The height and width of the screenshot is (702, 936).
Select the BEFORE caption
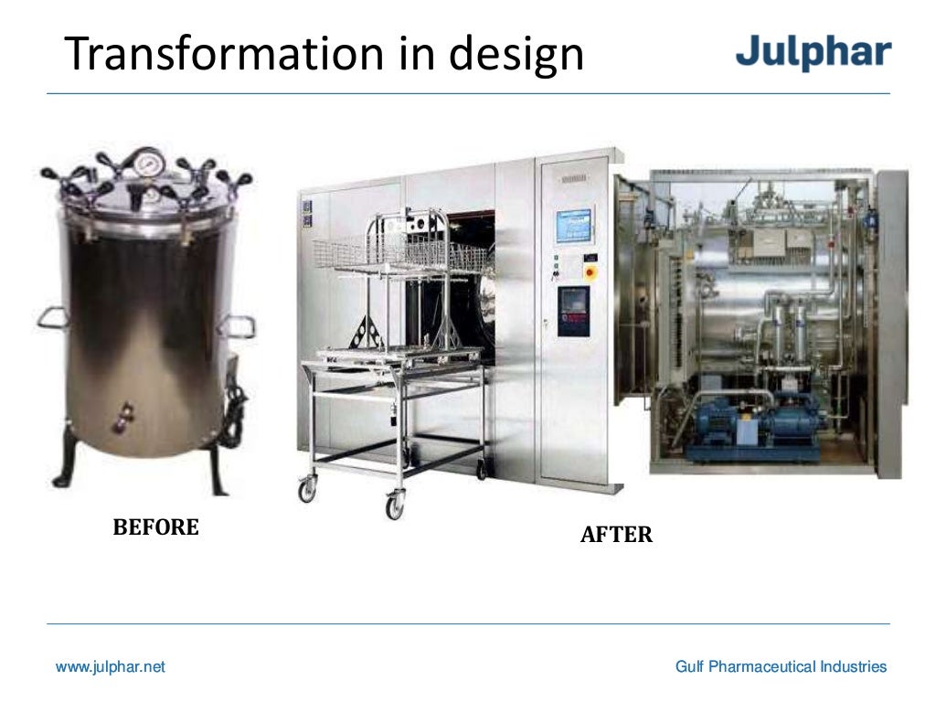(155, 527)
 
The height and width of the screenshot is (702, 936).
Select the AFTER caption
(616, 535)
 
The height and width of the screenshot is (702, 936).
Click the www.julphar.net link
(111, 667)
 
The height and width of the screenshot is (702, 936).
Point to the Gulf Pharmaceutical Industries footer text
(781, 667)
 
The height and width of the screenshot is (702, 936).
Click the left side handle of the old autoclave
(52, 317)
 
